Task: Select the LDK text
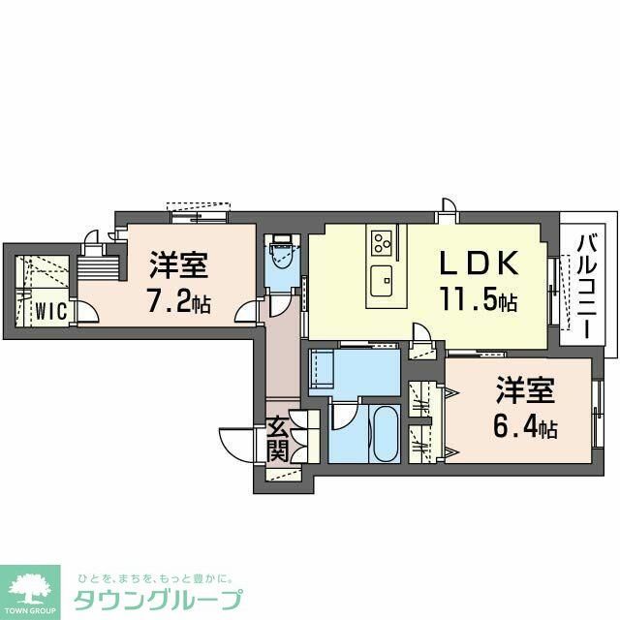[x=480, y=263]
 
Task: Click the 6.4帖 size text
[x=526, y=426]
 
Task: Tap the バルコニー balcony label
[x=585, y=285]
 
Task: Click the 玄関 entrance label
[x=277, y=438]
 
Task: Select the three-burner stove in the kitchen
[x=381, y=239]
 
